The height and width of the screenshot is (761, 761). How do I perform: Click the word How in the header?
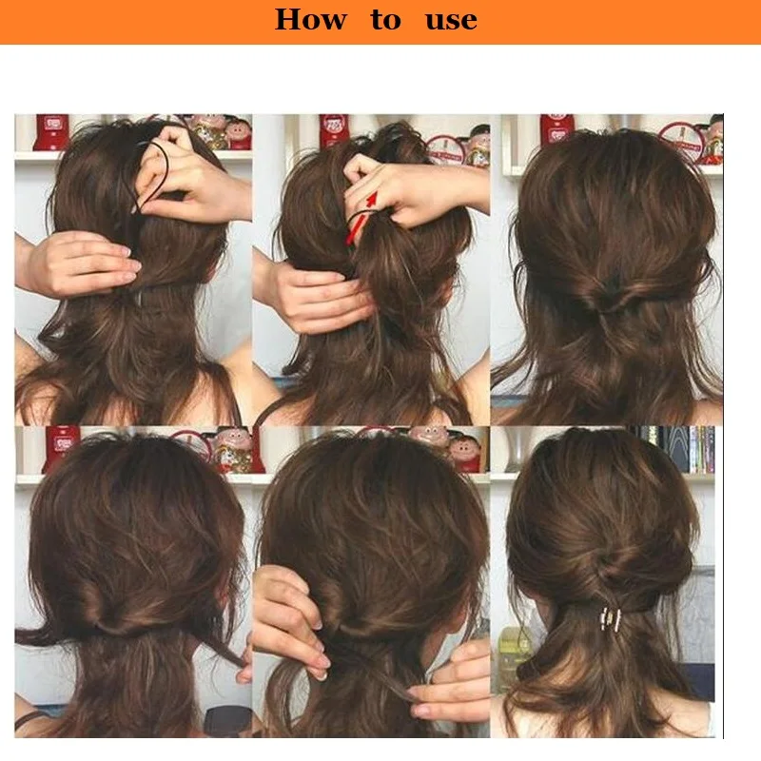311,20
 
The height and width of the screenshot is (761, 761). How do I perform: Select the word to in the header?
386,20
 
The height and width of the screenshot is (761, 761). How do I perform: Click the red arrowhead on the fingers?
371,199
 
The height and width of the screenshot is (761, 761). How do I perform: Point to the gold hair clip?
611,619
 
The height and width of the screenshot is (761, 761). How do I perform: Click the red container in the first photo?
51,131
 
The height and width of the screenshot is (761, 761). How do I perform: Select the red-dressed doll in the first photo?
238,132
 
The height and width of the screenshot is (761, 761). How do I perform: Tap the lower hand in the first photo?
78,264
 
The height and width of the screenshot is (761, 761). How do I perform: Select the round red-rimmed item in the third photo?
682,142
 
